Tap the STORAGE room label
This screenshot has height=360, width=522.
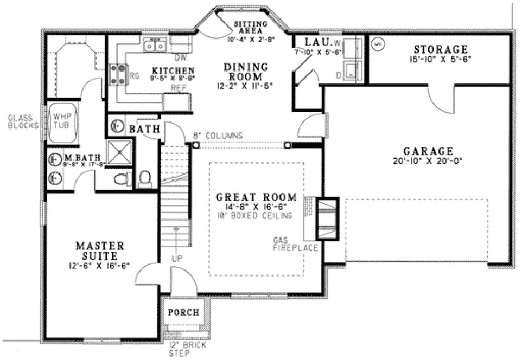click(x=440, y=49)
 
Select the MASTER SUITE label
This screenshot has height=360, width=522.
click(x=103, y=250)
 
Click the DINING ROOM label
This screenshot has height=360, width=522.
click(x=246, y=72)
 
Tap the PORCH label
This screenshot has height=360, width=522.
click(x=182, y=313)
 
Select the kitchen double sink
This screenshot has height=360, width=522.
click(x=155, y=46)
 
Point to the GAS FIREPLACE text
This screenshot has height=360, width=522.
click(x=296, y=244)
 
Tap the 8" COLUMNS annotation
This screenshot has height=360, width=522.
click(x=217, y=136)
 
